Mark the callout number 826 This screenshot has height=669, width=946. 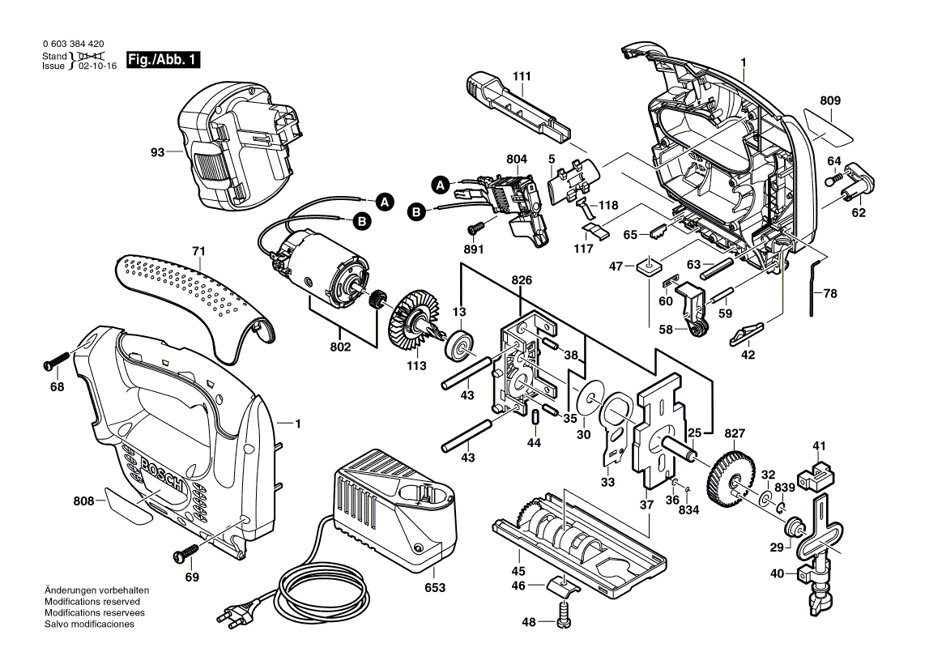[522, 280]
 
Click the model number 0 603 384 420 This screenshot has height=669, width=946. [72, 44]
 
